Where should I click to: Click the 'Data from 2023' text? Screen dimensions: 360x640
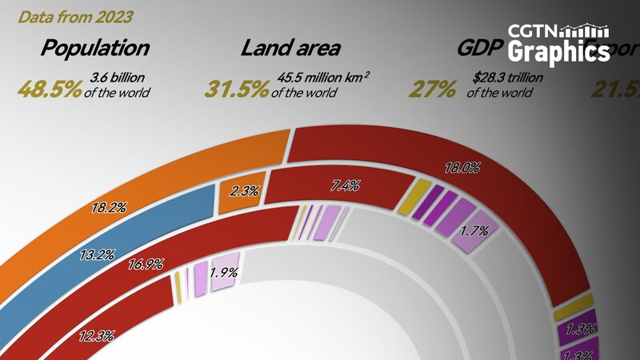pyautogui.click(x=75, y=16)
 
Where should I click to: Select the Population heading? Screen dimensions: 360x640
pyautogui.click(x=95, y=48)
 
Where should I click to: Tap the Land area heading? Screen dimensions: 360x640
pyautogui.click(x=290, y=48)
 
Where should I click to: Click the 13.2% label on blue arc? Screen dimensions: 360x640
pyautogui.click(x=98, y=257)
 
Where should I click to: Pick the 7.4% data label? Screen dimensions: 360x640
pyautogui.click(x=345, y=186)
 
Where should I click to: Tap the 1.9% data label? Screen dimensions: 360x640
pyautogui.click(x=222, y=271)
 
